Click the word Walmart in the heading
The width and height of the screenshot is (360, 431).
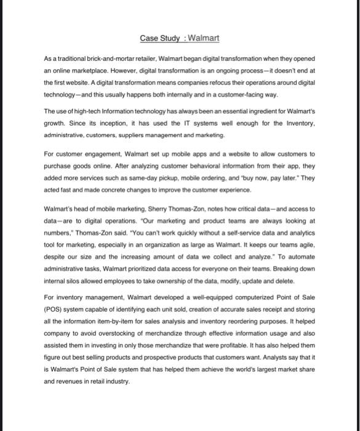(202, 38)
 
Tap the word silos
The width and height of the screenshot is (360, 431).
(71, 280)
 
